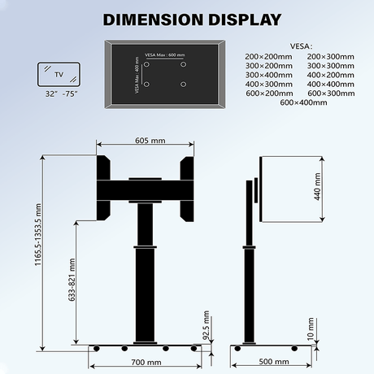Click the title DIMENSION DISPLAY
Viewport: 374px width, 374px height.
pyautogui.click(x=186, y=19)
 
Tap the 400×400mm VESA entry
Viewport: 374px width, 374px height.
pyautogui.click(x=330, y=84)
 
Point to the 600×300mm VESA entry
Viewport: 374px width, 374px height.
pyautogui.click(x=330, y=93)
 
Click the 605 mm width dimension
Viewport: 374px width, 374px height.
pyautogui.click(x=146, y=141)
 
